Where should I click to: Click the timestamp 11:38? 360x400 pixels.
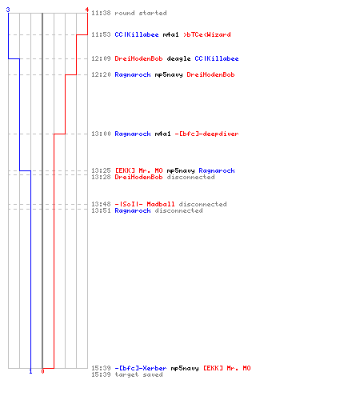tap(101, 13)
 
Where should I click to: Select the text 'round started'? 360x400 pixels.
tap(141, 13)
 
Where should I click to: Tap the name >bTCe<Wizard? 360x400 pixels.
tap(207, 34)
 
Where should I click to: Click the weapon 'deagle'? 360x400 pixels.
tap(178, 59)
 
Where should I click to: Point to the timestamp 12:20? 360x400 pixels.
tap(101, 74)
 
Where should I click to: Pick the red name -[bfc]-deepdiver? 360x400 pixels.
tap(206, 134)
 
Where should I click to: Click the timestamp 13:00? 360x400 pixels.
tap(101, 134)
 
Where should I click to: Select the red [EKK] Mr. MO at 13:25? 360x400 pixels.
tap(138, 170)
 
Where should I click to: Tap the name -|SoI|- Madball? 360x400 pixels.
tap(145, 204)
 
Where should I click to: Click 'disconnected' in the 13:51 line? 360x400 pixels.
tap(178, 210)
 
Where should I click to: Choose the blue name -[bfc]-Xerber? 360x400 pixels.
tap(141, 368)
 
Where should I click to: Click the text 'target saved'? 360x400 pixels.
tap(138, 374)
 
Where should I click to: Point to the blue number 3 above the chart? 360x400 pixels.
tap(8, 10)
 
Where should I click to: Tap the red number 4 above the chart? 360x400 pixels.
tap(87, 10)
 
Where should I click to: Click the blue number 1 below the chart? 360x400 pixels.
tap(30, 371)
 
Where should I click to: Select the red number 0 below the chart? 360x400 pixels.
tap(42, 371)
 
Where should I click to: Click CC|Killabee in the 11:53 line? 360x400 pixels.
tap(137, 34)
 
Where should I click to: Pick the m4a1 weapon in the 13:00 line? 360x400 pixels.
tap(162, 134)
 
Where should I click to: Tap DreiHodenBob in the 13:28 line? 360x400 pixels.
tap(138, 177)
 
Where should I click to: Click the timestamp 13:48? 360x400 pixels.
tap(101, 204)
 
